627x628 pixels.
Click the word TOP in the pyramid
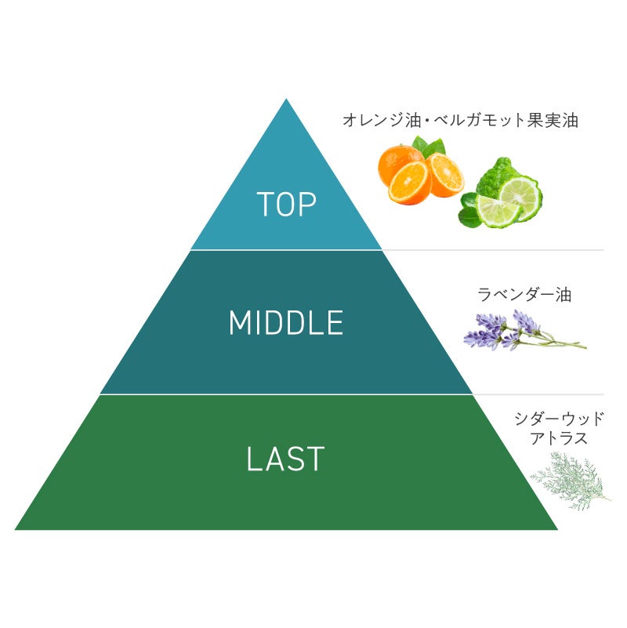[x=286, y=205]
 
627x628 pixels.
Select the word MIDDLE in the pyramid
[x=286, y=323]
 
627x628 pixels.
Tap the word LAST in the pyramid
[x=285, y=459]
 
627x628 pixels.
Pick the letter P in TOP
[x=306, y=205]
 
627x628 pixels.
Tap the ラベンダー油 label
[x=524, y=295]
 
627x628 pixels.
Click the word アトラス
[x=558, y=438]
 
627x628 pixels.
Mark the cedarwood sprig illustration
[x=570, y=479]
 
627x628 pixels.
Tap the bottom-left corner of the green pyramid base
[x=17, y=528]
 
